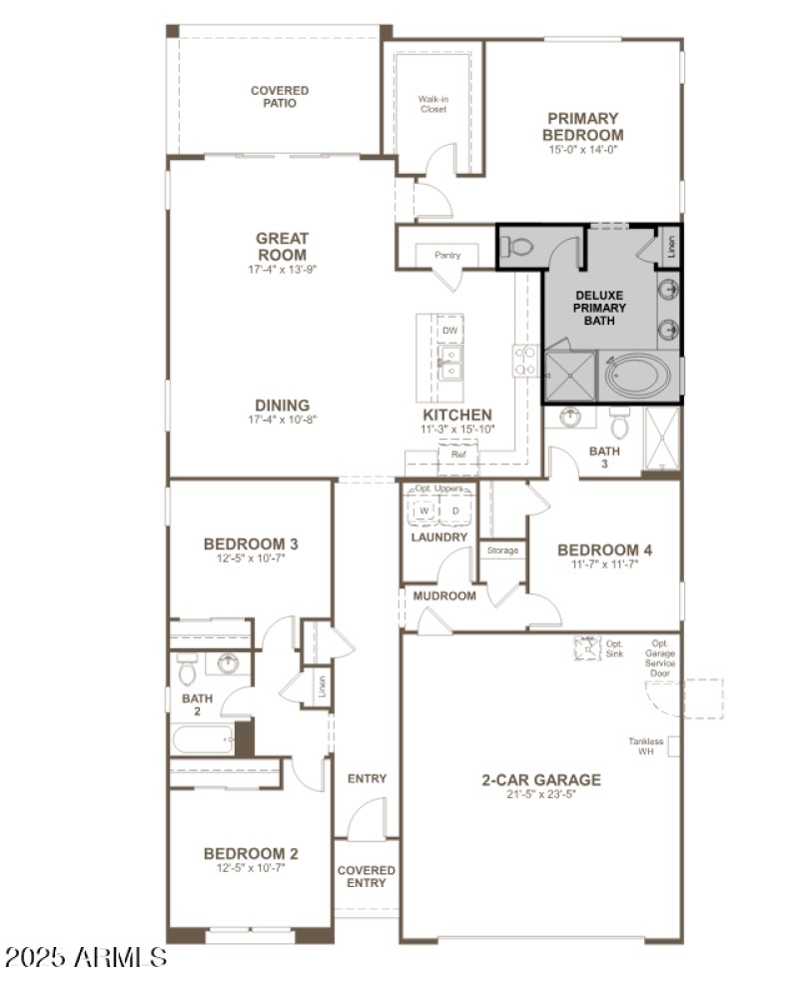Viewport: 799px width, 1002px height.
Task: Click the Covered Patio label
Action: [x=280, y=97]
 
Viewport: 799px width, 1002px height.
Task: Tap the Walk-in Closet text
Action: [x=432, y=104]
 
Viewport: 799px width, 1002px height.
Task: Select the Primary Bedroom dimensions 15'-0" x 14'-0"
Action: [x=583, y=150]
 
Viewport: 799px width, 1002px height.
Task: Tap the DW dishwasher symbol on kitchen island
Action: [x=450, y=331]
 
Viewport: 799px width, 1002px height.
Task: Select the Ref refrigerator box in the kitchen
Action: [x=458, y=455]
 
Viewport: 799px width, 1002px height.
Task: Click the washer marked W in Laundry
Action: [x=423, y=510]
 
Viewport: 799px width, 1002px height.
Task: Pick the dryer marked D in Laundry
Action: [x=455, y=510]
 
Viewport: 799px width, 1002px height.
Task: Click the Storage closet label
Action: [x=502, y=550]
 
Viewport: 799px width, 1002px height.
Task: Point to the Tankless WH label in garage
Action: [x=646, y=746]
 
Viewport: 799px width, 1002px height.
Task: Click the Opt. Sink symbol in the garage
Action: [x=586, y=648]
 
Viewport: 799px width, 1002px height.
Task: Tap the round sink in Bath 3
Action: [x=571, y=418]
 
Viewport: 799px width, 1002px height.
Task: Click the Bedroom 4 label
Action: [x=604, y=549]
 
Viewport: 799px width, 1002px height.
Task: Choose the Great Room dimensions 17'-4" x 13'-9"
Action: [x=282, y=269]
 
